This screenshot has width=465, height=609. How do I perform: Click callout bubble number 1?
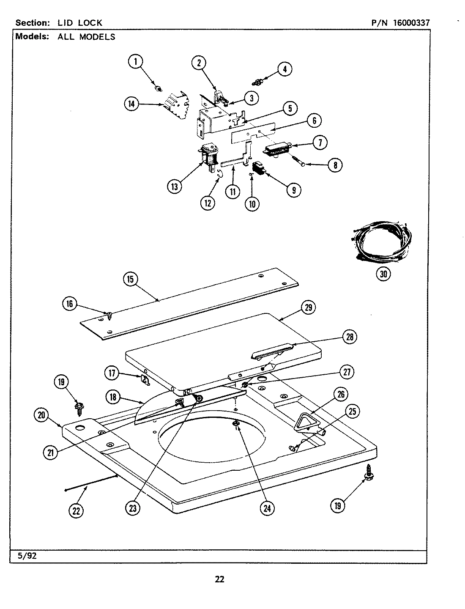point(136,62)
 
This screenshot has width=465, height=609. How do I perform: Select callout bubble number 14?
point(132,104)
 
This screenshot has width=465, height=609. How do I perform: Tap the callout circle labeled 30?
point(383,274)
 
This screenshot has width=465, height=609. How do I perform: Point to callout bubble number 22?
point(76,511)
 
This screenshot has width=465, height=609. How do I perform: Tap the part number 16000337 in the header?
point(411,23)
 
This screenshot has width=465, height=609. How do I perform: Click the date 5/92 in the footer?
point(27,556)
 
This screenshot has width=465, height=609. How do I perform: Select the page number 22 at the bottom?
point(219,579)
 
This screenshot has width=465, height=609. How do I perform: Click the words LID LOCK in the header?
point(80,23)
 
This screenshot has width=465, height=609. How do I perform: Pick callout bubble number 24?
point(267,508)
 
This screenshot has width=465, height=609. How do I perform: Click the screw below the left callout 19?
point(79,407)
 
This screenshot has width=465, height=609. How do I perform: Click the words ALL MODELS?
point(86,37)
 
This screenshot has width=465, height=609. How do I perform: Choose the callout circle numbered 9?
point(293,190)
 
